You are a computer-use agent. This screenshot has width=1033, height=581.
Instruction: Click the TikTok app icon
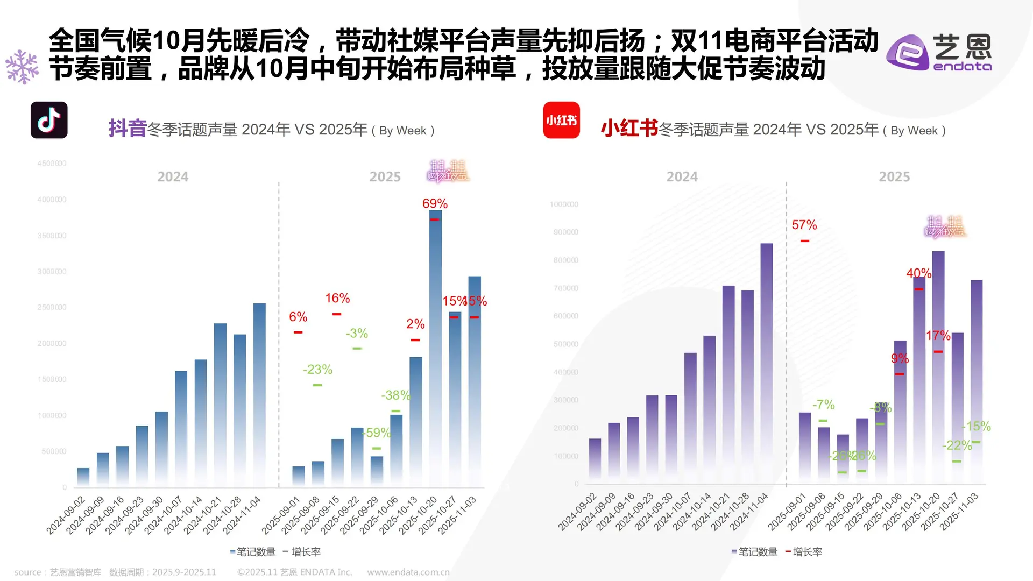coord(49,120)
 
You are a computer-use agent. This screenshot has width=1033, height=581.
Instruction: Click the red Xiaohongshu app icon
coord(561,120)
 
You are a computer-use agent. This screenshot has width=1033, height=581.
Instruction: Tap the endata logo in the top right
coord(939,52)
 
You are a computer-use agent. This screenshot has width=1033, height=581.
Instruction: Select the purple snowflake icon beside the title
coord(22,67)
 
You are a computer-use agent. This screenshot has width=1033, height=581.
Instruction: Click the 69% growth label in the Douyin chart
coord(435,203)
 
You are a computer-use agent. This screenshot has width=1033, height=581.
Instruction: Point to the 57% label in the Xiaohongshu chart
coord(804,225)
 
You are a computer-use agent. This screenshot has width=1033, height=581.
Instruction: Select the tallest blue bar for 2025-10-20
coord(435,344)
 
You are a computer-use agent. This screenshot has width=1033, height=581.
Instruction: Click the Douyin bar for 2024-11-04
coord(259,393)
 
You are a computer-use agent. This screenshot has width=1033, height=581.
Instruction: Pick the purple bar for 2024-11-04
coord(766,360)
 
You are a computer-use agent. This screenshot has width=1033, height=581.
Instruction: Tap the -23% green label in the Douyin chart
coord(317,370)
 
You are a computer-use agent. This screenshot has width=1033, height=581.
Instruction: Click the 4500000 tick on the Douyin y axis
coord(52,164)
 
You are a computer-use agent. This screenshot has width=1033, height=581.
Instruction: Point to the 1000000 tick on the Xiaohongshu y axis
coord(563,204)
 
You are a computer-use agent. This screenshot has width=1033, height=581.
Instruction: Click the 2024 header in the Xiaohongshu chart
coord(682,176)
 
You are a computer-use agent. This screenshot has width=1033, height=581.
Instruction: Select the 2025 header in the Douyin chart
coord(385,176)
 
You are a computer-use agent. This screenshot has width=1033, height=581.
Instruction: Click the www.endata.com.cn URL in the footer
coord(408,572)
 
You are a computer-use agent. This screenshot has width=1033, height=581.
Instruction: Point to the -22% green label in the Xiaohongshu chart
coord(957,445)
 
